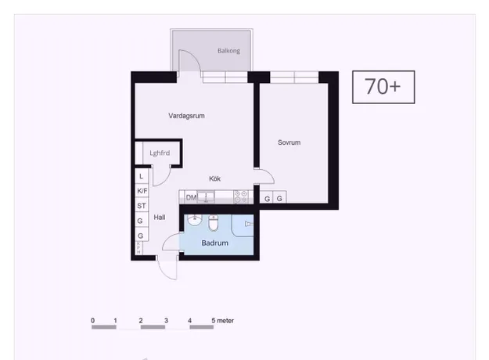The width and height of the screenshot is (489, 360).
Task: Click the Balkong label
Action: tap(228, 51)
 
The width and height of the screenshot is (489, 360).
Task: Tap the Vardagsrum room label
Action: tap(186, 116)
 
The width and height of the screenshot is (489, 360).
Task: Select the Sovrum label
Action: tap(289, 142)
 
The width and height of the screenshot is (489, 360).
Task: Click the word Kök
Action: tap(214, 178)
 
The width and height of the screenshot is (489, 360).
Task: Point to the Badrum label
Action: tap(214, 243)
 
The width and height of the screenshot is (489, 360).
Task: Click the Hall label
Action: tap(160, 217)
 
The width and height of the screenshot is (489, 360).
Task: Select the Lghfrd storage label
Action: tap(160, 153)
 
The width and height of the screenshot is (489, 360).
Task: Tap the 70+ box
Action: tap(383, 87)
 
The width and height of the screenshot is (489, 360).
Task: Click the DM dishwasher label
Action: tap(191, 197)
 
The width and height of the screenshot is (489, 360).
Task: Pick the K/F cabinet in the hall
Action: tap(142, 191)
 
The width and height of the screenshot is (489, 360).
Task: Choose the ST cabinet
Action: tap(142, 206)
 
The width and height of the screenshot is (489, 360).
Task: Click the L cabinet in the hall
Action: tap(142, 176)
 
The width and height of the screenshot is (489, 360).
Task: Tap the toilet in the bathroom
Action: tap(214, 223)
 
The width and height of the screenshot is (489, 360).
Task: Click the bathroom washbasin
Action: tap(195, 220)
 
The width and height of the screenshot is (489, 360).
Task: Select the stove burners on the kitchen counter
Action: tap(241, 197)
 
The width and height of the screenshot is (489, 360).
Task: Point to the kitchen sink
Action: tap(206, 197)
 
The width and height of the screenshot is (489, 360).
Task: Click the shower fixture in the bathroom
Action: tap(249, 224)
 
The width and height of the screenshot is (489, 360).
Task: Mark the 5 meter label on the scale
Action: tap(223, 320)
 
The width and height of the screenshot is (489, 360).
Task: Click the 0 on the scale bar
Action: tap(92, 320)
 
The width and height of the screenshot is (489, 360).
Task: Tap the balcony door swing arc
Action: tap(192, 57)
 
